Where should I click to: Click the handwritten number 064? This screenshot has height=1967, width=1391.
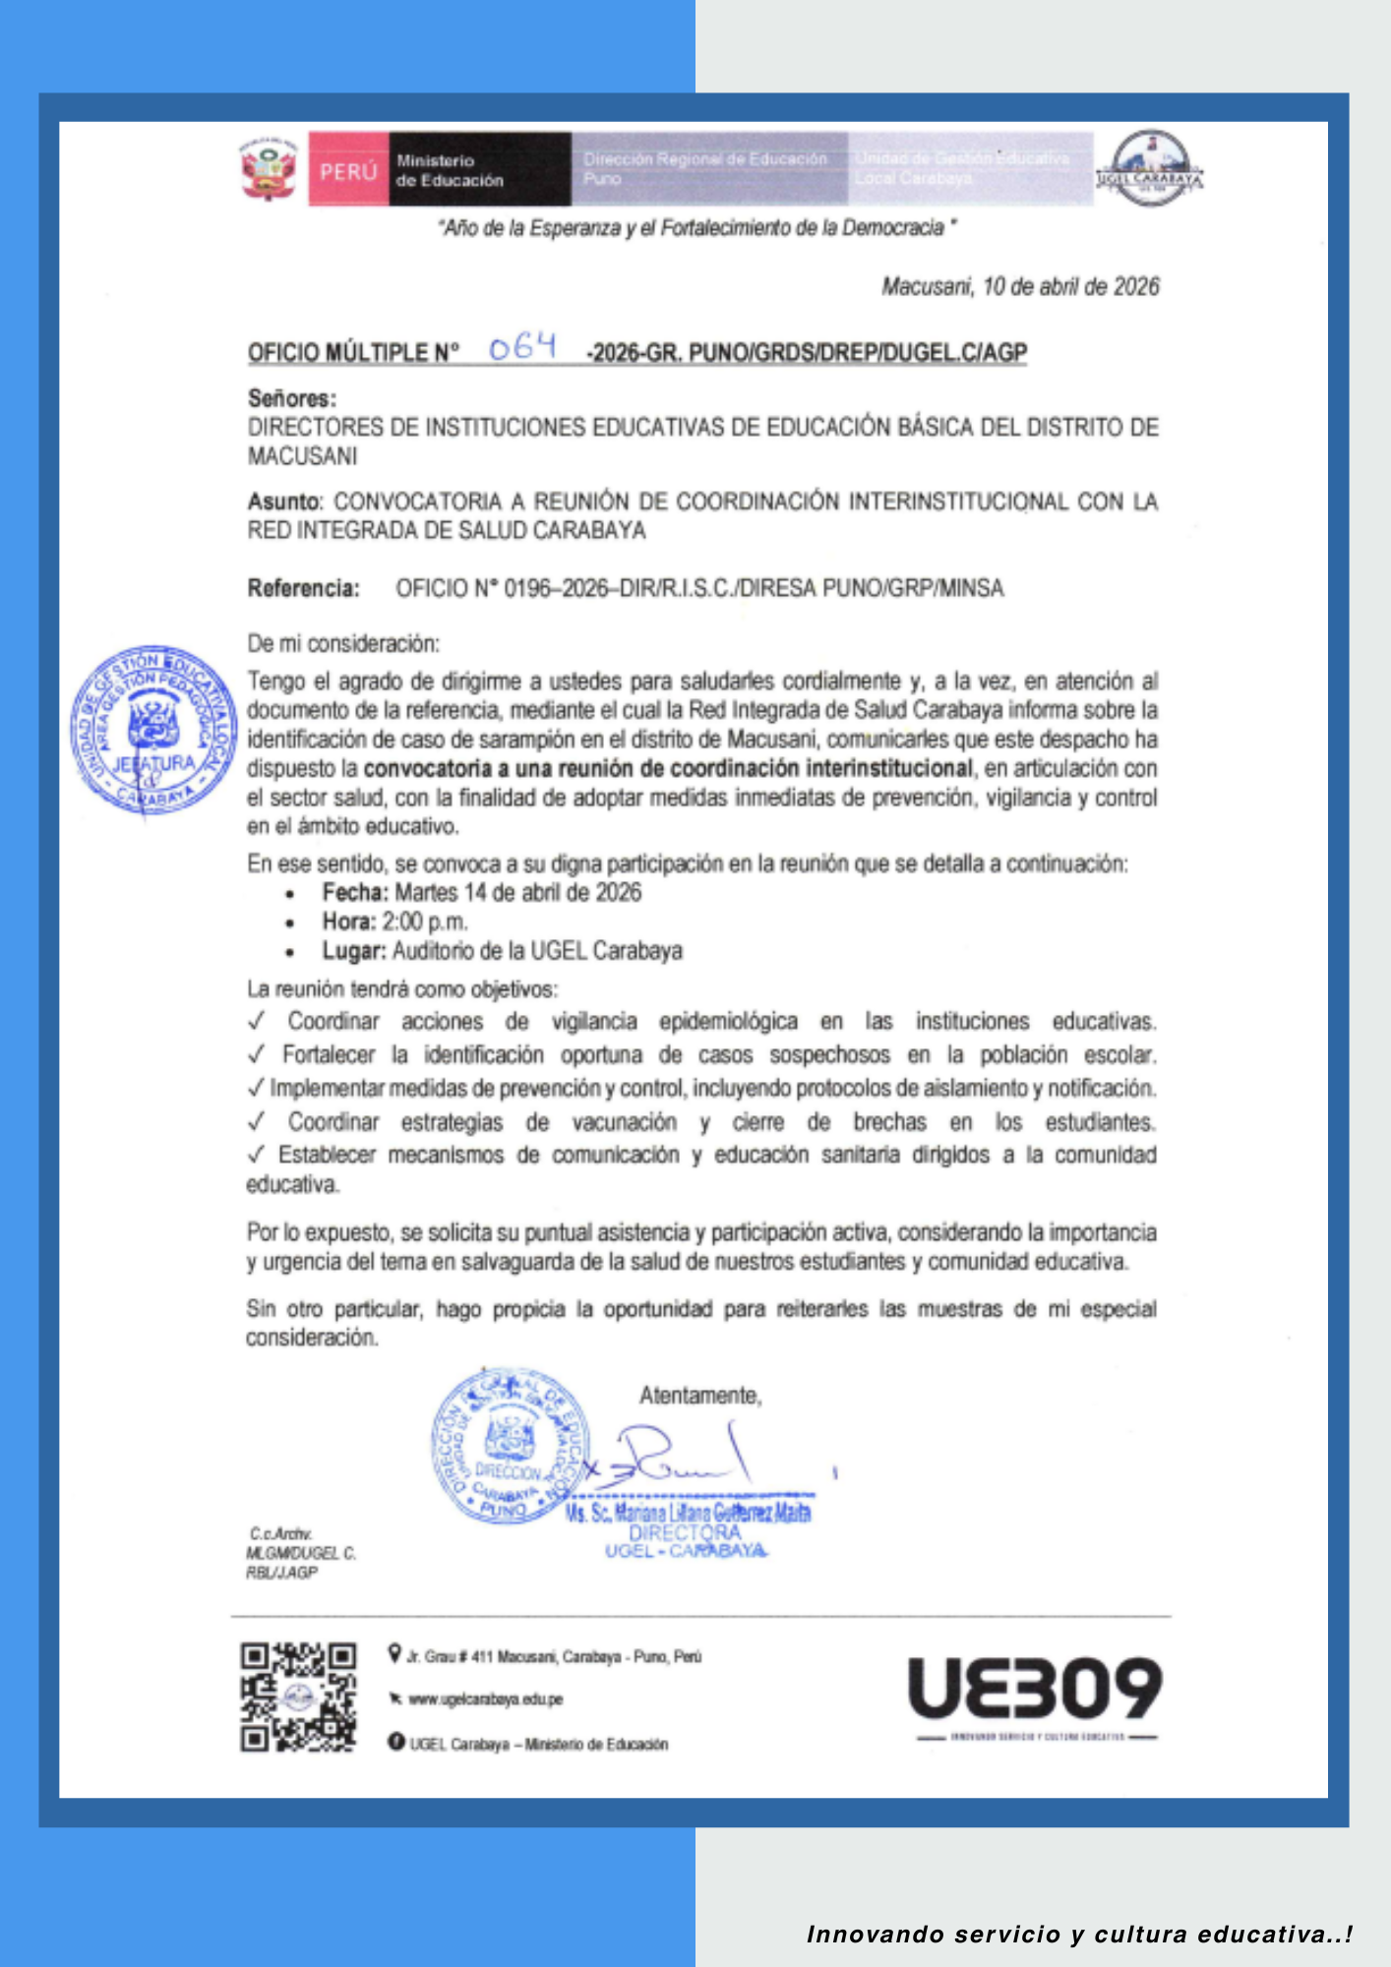[522, 346]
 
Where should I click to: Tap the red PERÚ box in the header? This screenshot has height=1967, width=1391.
[348, 170]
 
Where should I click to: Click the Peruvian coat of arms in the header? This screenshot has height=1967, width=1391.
[269, 169]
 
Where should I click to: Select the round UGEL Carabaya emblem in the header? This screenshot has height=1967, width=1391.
[1150, 168]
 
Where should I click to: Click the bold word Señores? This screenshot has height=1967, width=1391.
[292, 398]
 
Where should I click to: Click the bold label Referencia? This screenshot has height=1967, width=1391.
[303, 588]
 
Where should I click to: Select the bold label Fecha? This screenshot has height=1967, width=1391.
[355, 893]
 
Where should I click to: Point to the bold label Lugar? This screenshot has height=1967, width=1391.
[354, 951]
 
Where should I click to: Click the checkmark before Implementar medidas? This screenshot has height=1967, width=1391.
[257, 1088]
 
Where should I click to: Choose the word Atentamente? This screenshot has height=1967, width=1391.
[699, 1396]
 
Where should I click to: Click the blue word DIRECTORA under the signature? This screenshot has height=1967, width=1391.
[685, 1532]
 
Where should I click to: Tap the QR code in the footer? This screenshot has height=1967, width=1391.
[298, 1697]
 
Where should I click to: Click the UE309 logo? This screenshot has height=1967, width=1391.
[1035, 1688]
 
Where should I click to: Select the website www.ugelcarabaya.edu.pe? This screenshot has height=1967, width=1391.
[485, 1699]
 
